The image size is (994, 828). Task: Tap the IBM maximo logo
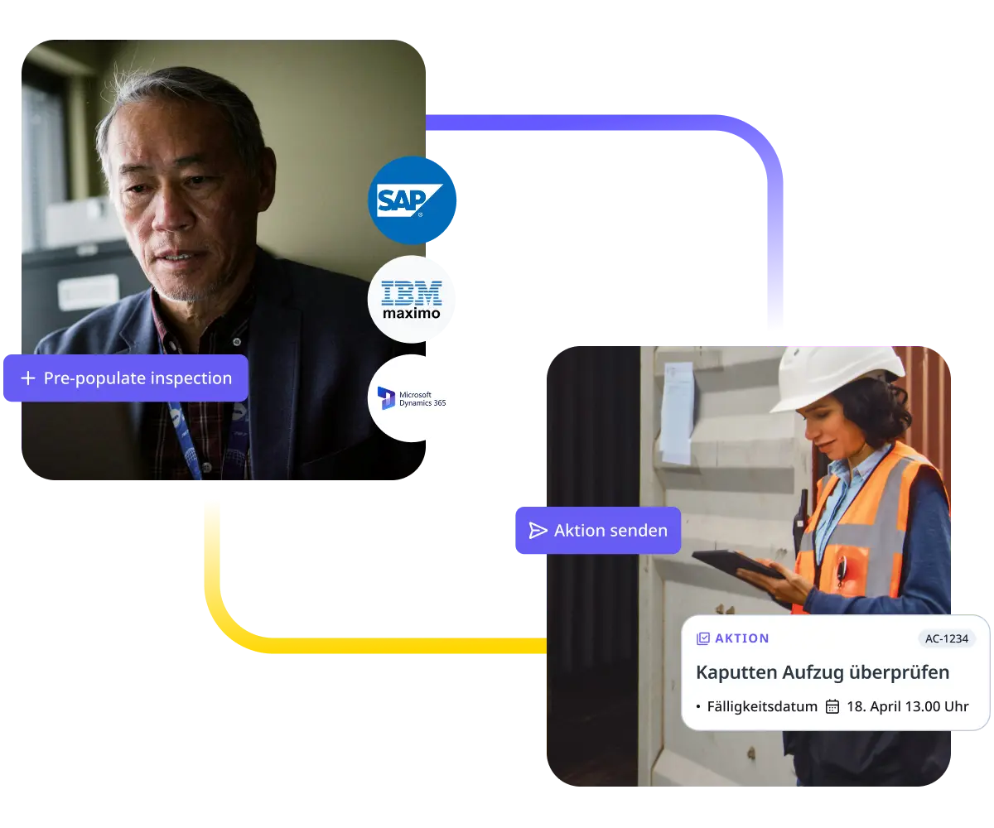coord(411,299)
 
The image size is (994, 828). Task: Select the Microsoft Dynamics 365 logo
coord(411,398)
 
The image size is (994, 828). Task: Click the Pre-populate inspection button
coord(126,378)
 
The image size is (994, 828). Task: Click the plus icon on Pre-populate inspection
coord(28,378)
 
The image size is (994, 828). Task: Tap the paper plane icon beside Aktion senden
coord(538,531)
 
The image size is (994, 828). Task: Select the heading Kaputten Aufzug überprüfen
coord(822,672)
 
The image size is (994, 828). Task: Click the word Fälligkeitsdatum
coord(762,707)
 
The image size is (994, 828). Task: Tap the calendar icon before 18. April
coord(832,707)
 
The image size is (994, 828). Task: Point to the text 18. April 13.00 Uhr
coord(907,707)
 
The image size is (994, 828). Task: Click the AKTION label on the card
coord(742,638)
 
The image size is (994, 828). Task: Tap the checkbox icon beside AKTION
coord(703,638)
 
